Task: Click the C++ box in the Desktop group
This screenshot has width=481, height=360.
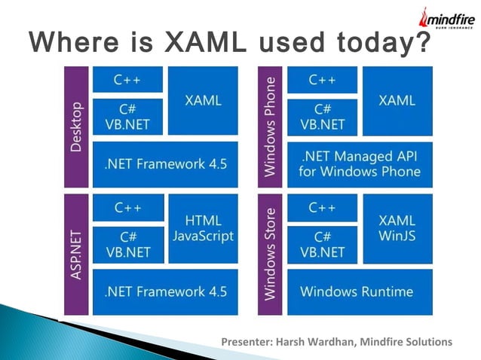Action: tap(127, 79)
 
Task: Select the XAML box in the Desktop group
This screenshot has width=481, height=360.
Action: tap(203, 100)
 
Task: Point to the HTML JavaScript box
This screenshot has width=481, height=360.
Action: tap(203, 228)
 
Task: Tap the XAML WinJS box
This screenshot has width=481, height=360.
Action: tap(397, 228)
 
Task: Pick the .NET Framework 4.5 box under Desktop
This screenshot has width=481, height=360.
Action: tap(164, 164)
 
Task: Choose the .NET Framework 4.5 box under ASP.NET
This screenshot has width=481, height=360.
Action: tap(164, 291)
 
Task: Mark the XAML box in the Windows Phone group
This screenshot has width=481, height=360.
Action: tap(397, 100)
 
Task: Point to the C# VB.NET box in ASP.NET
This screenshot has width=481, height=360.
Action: tap(127, 245)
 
